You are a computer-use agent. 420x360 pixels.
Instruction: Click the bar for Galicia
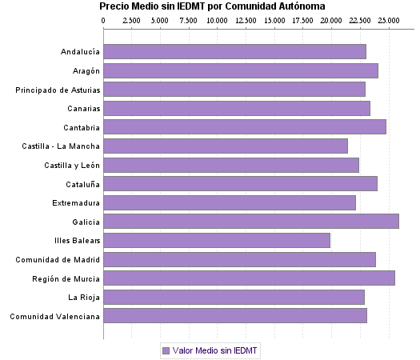pos(251,221)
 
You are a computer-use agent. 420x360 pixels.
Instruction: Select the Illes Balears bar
pos(217,240)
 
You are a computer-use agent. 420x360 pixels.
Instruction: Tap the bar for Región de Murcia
pos(249,278)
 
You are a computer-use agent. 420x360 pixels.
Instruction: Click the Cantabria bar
pos(245,126)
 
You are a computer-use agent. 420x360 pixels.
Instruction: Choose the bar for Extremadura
pos(230,202)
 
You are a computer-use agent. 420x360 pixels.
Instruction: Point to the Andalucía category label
pos(80,52)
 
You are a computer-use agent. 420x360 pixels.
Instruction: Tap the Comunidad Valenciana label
pos(55,316)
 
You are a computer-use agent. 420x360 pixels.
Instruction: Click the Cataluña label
pos(80,184)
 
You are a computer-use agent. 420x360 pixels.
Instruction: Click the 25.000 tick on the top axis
pos(388,19)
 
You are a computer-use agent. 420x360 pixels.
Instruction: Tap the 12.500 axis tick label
pos(246,19)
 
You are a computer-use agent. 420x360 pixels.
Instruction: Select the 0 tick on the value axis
pos(104,19)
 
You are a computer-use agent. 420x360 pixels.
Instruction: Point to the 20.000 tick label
pos(331,19)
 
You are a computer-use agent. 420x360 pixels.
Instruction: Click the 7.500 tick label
pos(189,19)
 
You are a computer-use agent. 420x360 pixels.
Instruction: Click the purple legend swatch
pos(166,350)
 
